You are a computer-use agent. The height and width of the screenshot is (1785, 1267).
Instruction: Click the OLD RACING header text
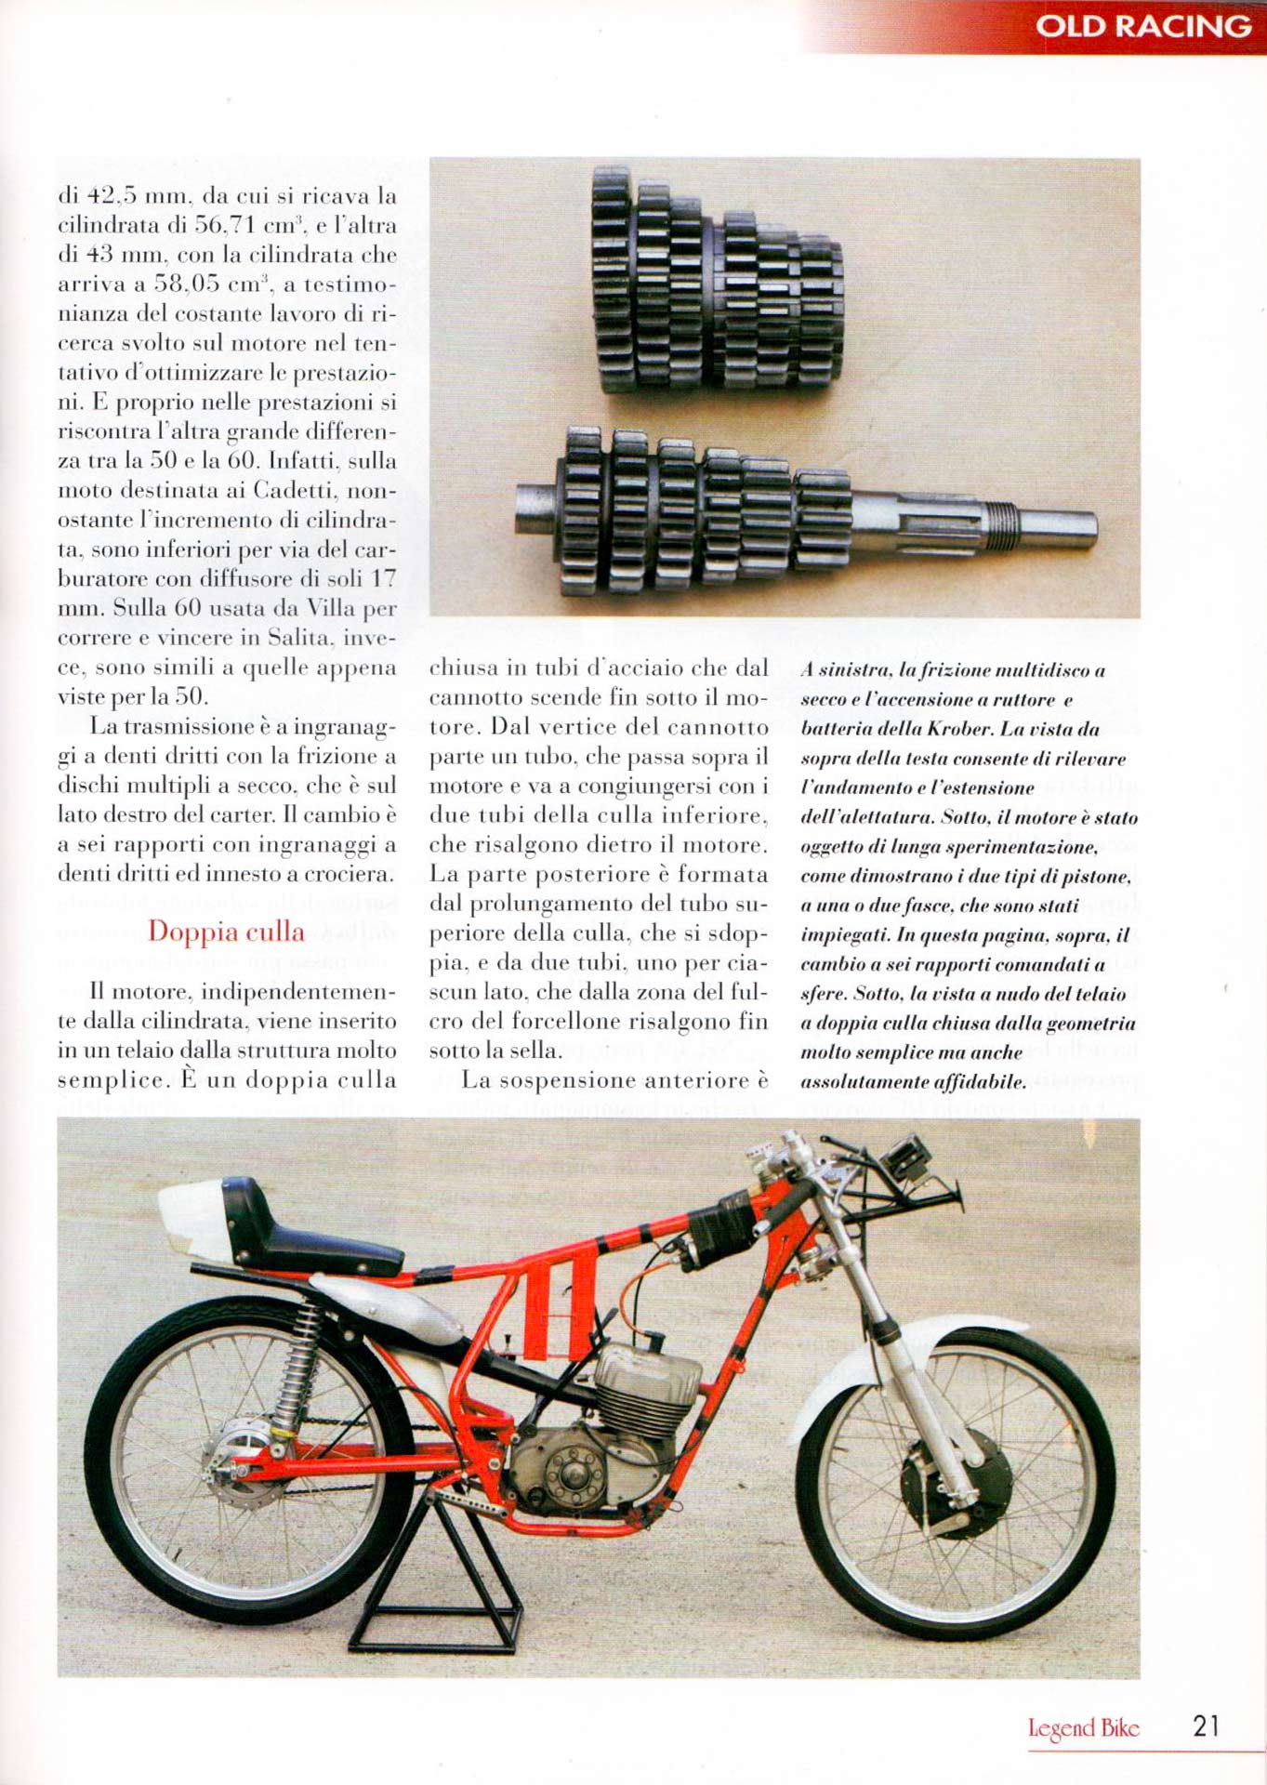click(x=1142, y=26)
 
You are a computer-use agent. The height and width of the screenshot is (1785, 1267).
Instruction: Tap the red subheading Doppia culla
click(x=226, y=932)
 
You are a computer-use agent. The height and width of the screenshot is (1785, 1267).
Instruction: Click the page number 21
click(x=1206, y=1726)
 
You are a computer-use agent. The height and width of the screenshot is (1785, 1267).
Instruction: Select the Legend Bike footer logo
click(x=1083, y=1728)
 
